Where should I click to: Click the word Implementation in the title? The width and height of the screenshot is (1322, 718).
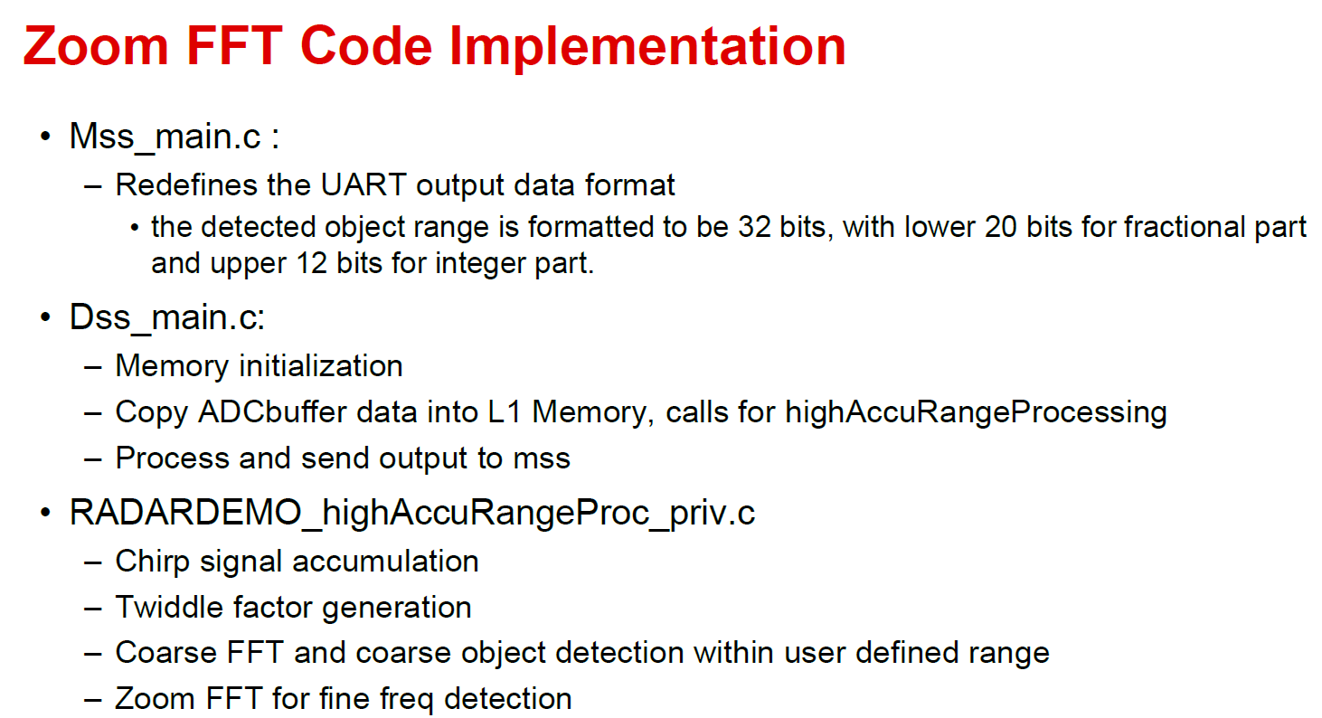[x=647, y=47]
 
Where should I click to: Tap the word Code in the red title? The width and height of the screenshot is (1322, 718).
[x=366, y=46]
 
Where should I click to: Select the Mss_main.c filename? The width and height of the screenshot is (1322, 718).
[x=165, y=137]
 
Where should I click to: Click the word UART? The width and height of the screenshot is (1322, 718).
[x=364, y=184]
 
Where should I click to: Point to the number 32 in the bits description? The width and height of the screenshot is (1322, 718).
[x=754, y=227]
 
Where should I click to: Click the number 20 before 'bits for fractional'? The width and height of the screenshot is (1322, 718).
[x=1000, y=227]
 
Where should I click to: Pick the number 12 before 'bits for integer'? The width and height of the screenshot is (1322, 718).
[x=312, y=263]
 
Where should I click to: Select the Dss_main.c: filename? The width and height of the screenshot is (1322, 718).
[x=167, y=317]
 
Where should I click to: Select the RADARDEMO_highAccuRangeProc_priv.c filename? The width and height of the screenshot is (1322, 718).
[x=412, y=512]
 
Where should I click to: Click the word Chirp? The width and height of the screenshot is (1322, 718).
[x=152, y=562]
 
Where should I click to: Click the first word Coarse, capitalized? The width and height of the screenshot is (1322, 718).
[x=165, y=653]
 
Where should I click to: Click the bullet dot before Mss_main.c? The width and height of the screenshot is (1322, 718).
[x=45, y=137]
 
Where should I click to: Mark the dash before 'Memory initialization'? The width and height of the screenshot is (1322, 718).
[x=93, y=367]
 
